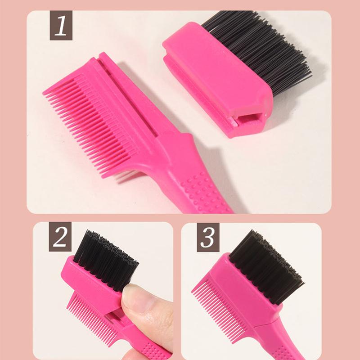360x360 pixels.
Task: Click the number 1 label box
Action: click(61, 26)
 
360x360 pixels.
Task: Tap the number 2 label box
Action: click(60, 237)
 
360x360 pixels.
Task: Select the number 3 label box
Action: click(208, 238)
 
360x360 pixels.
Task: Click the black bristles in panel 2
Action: click(106, 260)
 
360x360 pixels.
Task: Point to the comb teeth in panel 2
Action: click(92, 319)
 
